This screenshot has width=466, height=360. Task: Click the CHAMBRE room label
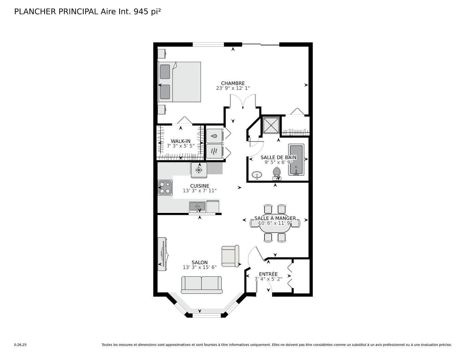click(233, 83)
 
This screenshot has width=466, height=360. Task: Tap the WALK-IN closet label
click(181, 141)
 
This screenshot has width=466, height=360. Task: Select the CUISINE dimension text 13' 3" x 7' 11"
click(199, 191)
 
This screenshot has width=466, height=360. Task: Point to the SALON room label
click(199, 263)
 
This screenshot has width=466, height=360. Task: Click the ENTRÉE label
click(268, 274)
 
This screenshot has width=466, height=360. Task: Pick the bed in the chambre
click(180, 82)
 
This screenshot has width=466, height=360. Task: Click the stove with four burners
click(165, 188)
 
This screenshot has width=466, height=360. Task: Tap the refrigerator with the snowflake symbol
click(199, 170)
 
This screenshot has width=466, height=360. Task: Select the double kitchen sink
click(197, 206)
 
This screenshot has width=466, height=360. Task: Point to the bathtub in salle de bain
click(296, 160)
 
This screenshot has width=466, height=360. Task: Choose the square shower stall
click(271, 125)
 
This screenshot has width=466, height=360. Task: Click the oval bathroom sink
click(257, 175)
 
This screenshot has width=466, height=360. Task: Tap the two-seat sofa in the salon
click(201, 285)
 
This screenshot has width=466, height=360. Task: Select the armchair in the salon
click(230, 256)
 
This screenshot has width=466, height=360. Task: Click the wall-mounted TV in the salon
click(163, 254)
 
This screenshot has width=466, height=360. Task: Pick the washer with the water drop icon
click(214, 136)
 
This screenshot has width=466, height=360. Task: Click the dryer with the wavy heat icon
click(214, 151)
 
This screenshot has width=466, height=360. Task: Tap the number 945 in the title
click(140, 11)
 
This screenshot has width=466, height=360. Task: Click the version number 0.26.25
click(20, 345)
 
